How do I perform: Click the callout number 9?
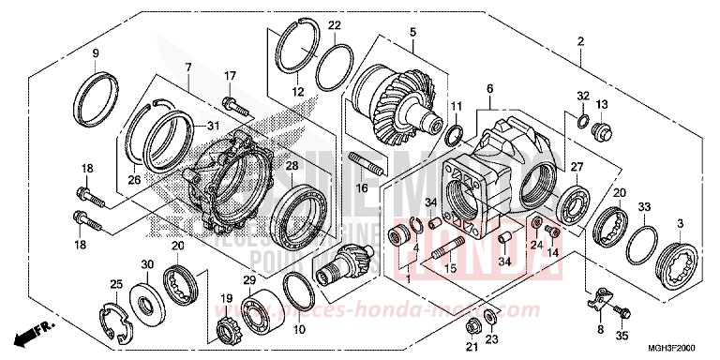point(95,52)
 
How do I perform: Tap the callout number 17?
point(230,76)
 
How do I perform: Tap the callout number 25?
point(116,284)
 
